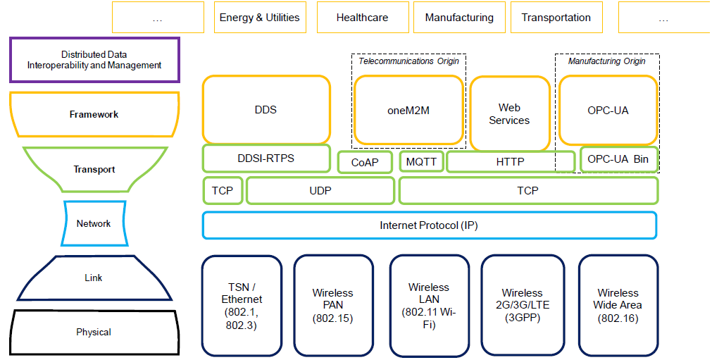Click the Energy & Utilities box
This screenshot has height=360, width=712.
coord(259,18)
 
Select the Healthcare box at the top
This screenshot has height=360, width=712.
coord(362,18)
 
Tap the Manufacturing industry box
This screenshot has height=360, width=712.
coord(459,18)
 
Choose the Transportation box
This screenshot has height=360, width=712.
coord(556,18)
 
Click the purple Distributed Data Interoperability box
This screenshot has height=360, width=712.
coord(94,60)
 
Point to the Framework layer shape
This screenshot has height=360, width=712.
coord(94,114)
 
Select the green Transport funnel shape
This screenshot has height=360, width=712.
coord(94,169)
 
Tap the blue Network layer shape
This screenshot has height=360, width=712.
coord(94,223)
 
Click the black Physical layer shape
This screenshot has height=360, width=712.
coord(94,332)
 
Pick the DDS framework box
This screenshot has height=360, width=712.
coord(266,110)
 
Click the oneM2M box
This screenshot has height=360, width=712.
coord(408,110)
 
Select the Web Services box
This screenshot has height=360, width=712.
coord(509,114)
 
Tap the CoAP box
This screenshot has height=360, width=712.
coord(365,163)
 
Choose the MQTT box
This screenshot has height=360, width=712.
coord(421,162)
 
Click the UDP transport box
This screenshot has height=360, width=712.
coord(320,191)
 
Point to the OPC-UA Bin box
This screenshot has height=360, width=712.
coord(618,159)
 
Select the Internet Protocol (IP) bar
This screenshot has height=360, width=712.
coord(429,225)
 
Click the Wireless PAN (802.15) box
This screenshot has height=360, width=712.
coord(332,305)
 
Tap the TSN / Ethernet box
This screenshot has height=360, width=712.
coord(242,305)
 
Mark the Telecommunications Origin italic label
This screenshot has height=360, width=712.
coord(408,61)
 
